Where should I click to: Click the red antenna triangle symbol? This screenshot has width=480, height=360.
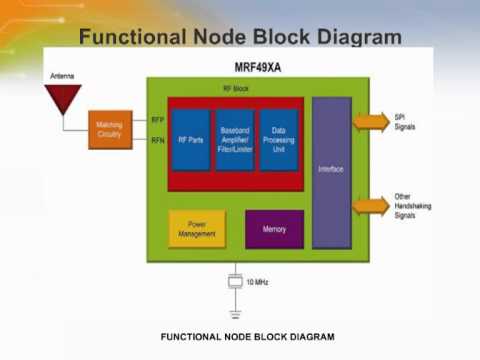point(63,98)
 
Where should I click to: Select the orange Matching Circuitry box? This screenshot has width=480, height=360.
point(110,129)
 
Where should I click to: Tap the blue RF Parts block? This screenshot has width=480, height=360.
point(190,139)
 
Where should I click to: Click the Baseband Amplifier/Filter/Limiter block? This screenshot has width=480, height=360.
point(234,139)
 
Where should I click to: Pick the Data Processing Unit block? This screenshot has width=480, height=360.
point(279,139)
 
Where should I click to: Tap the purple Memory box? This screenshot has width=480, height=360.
point(274,229)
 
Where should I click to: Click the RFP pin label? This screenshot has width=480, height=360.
point(157,120)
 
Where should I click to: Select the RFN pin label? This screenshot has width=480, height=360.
point(157,140)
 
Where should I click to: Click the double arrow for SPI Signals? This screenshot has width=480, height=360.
point(371,122)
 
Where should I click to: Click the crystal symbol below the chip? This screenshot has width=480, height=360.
point(235,282)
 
